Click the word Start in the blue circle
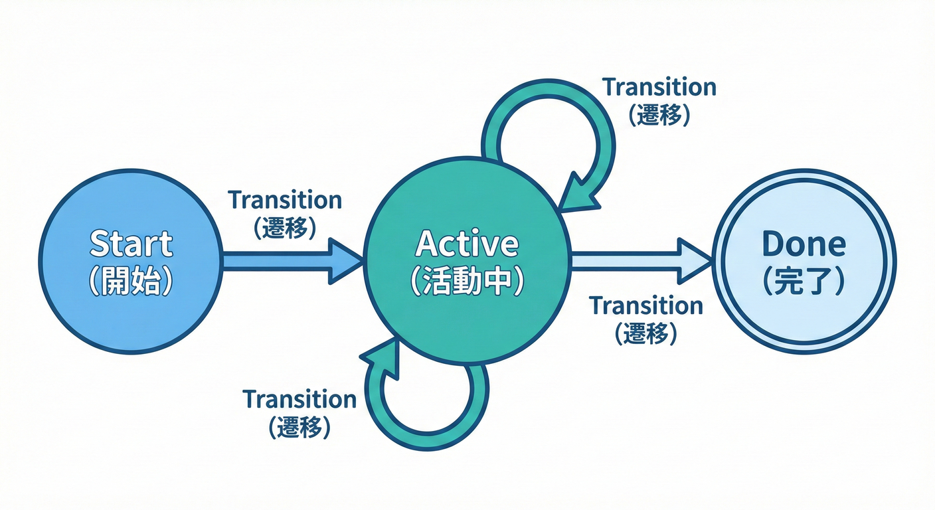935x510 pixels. [x=131, y=244]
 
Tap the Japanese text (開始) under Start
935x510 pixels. [x=131, y=282]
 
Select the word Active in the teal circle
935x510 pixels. [x=466, y=244]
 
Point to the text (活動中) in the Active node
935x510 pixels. [x=466, y=282]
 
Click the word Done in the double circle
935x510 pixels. [x=804, y=244]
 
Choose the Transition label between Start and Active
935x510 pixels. [x=285, y=200]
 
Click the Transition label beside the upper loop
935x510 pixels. [x=659, y=87]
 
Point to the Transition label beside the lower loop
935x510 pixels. [x=299, y=399]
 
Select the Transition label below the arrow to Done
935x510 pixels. [x=646, y=306]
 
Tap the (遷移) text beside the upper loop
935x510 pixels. [x=659, y=116]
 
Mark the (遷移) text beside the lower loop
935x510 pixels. [x=299, y=427]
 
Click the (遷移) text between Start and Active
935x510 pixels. [x=285, y=228]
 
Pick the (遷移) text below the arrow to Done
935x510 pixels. [x=646, y=333]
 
